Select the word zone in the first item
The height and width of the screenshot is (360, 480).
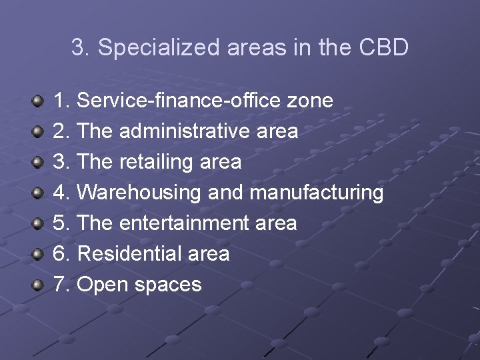(x=309, y=101)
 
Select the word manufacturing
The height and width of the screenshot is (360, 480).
(x=317, y=193)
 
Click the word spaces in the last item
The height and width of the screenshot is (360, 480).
(x=168, y=285)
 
